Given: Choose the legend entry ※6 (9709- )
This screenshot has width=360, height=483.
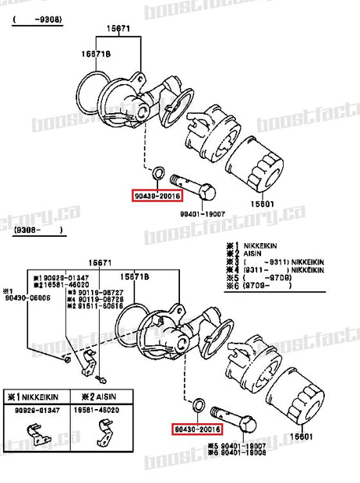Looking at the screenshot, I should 257,286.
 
